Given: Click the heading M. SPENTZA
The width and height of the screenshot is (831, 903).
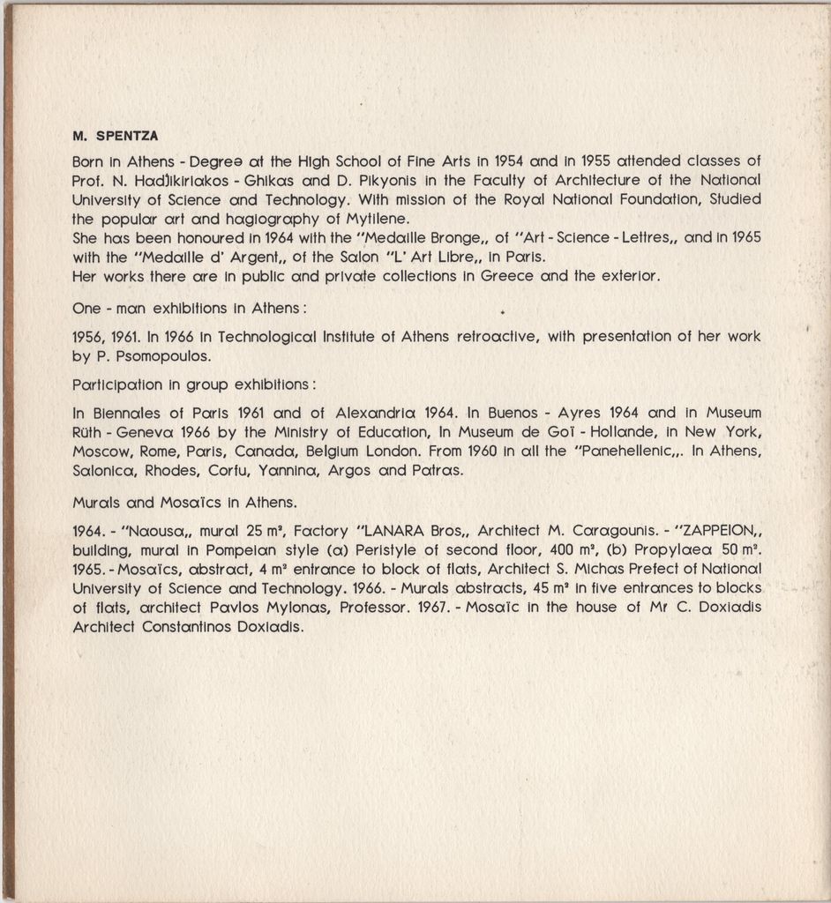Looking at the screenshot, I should (x=115, y=137).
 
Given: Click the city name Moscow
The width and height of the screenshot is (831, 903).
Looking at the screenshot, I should (x=100, y=451).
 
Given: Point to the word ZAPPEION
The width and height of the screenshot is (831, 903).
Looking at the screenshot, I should (x=712, y=532).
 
